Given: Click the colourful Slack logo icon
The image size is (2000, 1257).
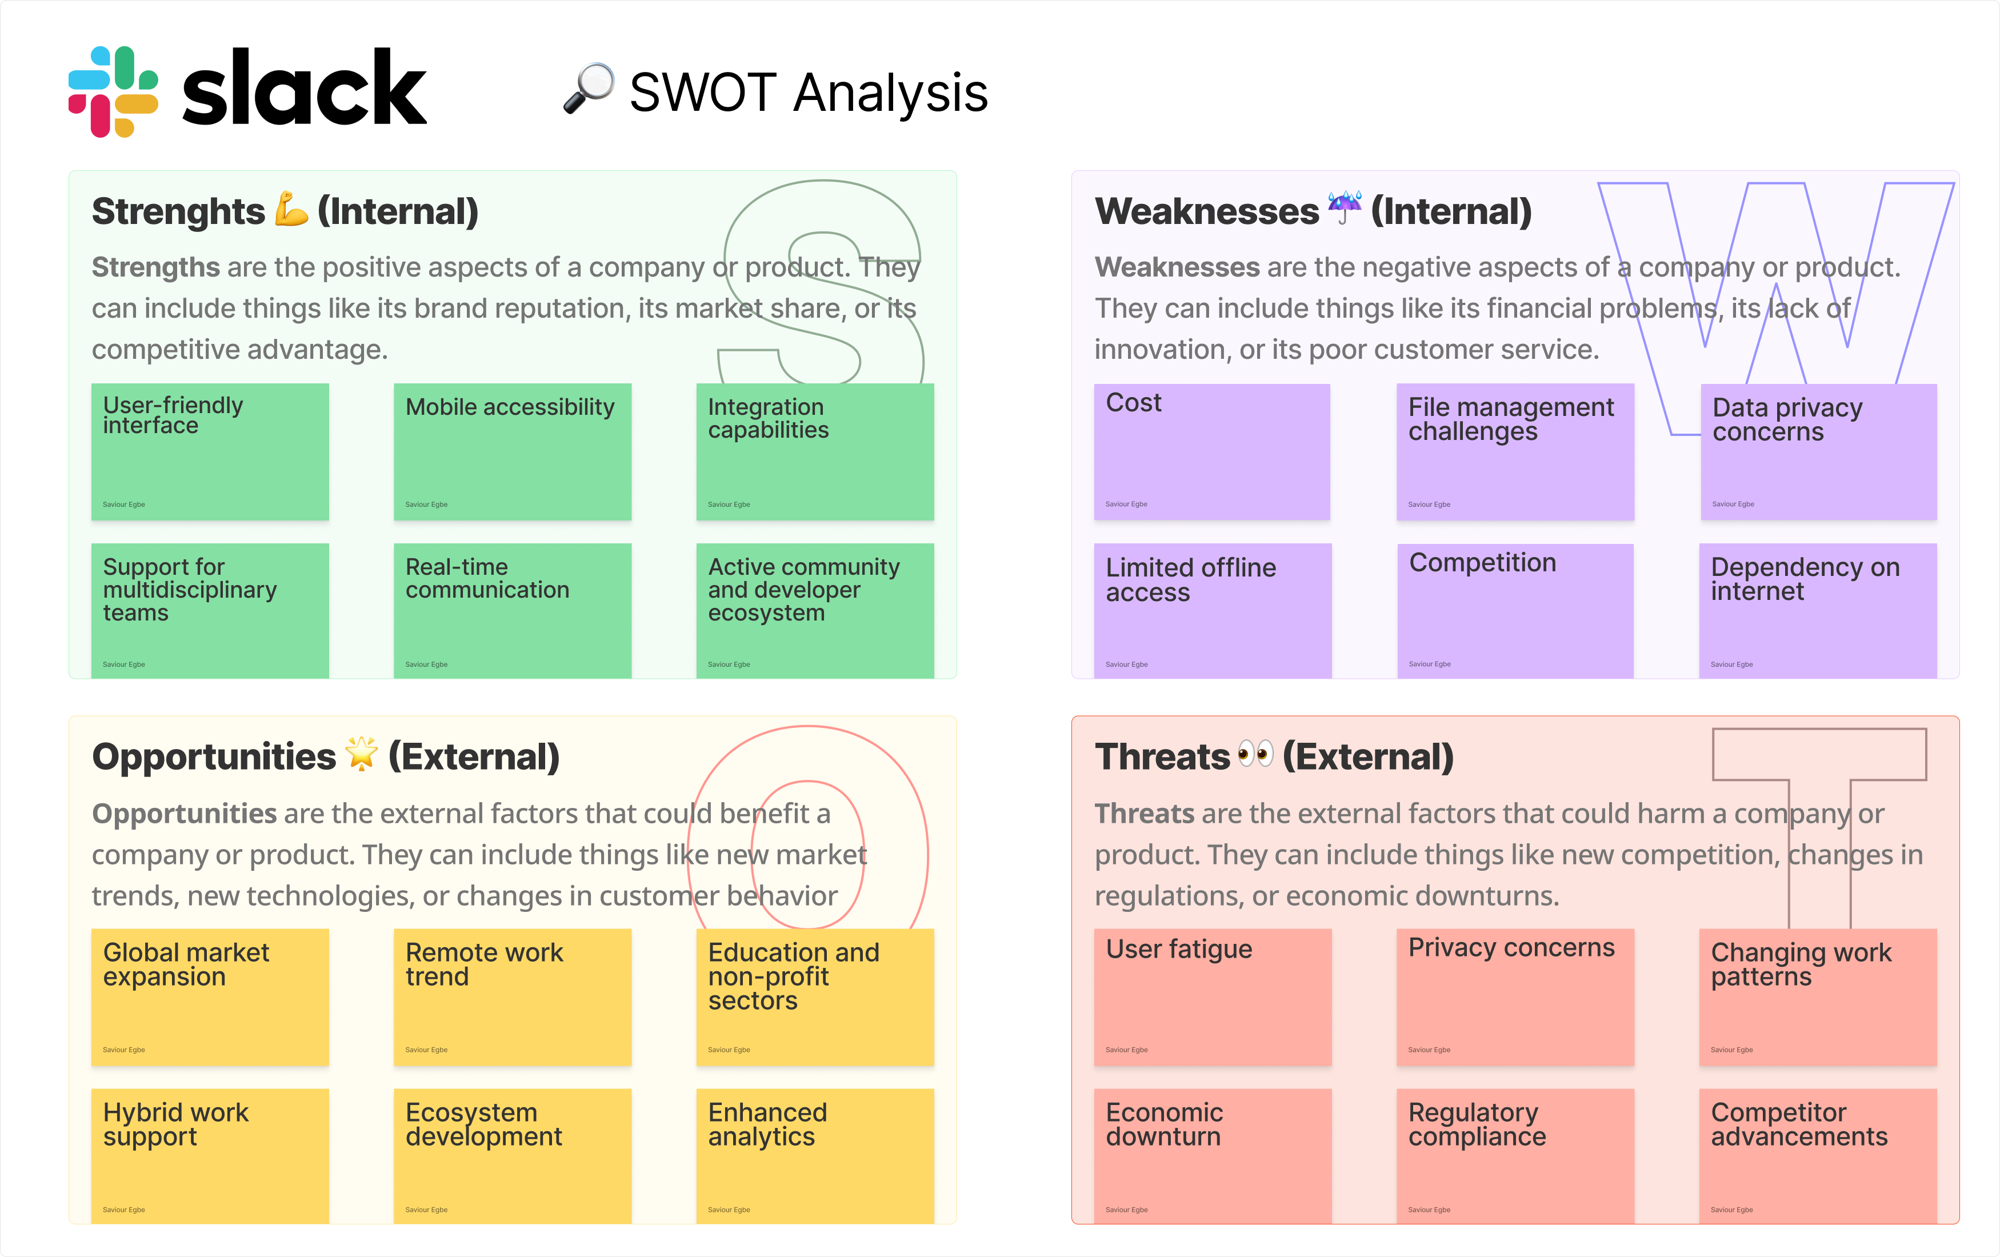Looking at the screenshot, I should (x=113, y=91).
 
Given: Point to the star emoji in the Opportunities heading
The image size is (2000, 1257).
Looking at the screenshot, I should (x=361, y=754).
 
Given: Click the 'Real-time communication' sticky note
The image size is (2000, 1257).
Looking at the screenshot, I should (x=513, y=610).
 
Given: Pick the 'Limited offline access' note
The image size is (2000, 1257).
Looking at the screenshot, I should (x=1212, y=610).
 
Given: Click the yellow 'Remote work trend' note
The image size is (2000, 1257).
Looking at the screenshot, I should (x=513, y=996).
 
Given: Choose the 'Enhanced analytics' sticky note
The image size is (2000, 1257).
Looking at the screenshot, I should (x=815, y=1156).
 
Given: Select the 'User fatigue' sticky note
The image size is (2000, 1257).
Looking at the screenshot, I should (x=1212, y=996).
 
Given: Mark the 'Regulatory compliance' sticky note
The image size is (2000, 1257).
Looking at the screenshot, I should (x=1515, y=1156).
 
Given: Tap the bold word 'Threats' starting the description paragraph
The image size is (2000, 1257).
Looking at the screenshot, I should (x=1143, y=814).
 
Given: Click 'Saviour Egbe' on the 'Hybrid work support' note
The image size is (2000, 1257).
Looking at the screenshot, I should (x=124, y=1210).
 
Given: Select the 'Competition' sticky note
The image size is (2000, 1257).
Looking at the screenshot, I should (x=1515, y=610).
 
